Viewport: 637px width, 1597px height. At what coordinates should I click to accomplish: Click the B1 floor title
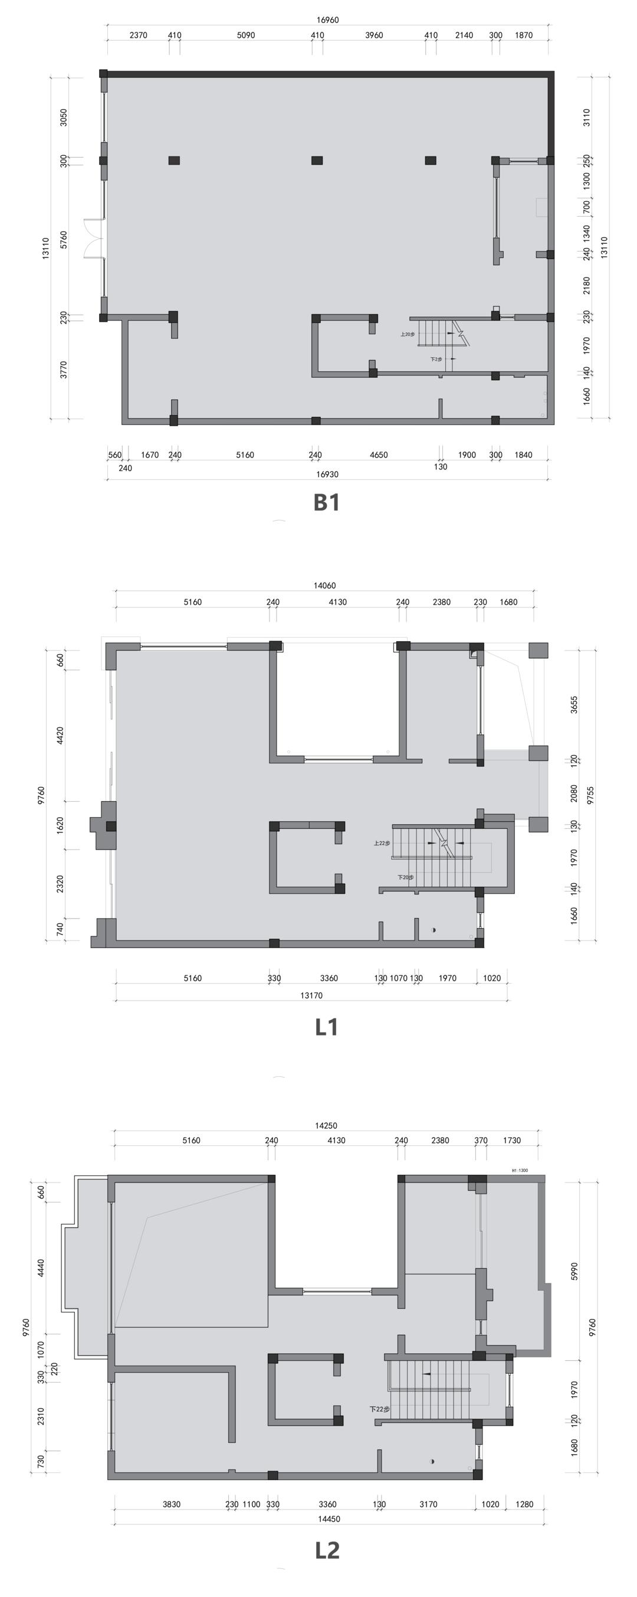click(327, 502)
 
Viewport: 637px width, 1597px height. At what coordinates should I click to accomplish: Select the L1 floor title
click(327, 1027)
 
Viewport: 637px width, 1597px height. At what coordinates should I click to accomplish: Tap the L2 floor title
click(327, 1550)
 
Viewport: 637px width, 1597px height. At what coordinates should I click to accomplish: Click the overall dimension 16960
click(327, 20)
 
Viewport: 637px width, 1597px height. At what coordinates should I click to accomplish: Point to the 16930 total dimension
click(327, 474)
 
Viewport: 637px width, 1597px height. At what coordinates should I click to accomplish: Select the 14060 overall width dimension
click(325, 585)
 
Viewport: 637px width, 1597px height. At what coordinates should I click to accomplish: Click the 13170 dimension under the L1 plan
click(311, 995)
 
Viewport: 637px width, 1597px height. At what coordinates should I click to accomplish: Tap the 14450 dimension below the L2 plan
click(329, 1519)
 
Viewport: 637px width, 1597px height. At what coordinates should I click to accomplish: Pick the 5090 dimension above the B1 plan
click(246, 35)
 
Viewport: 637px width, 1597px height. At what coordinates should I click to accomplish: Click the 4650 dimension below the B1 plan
click(379, 455)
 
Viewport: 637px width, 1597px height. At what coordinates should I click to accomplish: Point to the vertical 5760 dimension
click(63, 239)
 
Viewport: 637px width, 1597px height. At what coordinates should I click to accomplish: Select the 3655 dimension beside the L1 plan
click(574, 705)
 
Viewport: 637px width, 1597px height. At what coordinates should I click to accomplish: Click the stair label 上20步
click(407, 334)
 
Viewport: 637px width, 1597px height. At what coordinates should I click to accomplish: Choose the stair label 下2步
click(436, 359)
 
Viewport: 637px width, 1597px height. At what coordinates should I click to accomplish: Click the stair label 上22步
click(382, 843)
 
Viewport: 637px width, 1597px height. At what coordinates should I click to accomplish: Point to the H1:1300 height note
click(519, 1171)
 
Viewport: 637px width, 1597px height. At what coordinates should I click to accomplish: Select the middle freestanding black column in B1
click(317, 161)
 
